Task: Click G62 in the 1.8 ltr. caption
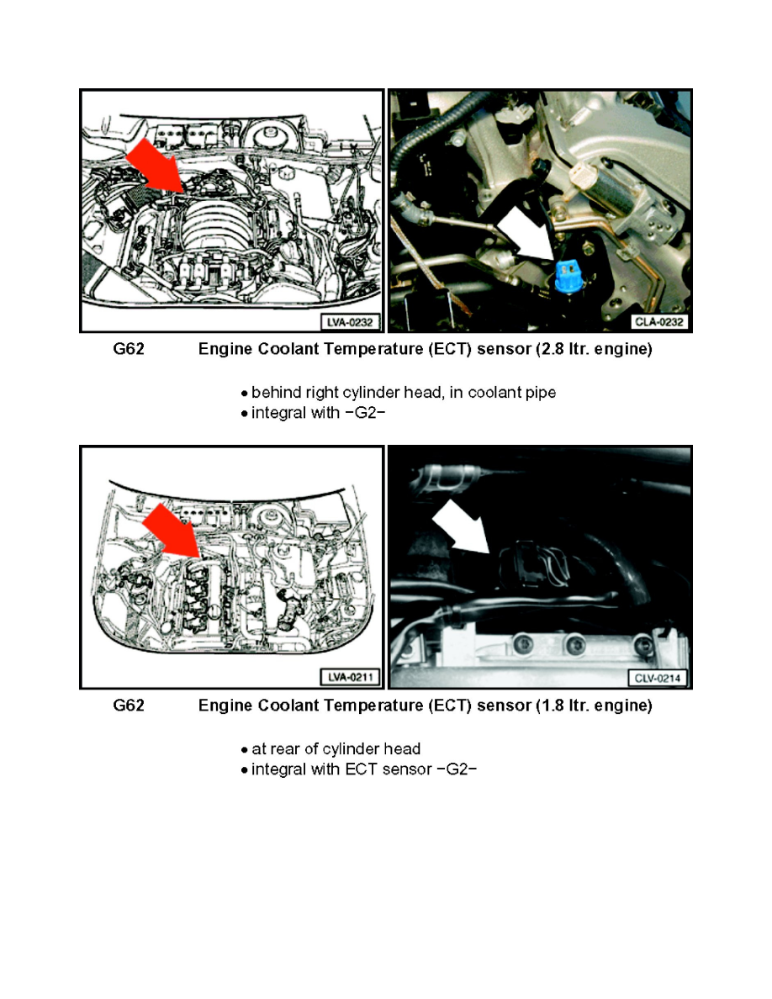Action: [129, 707]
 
